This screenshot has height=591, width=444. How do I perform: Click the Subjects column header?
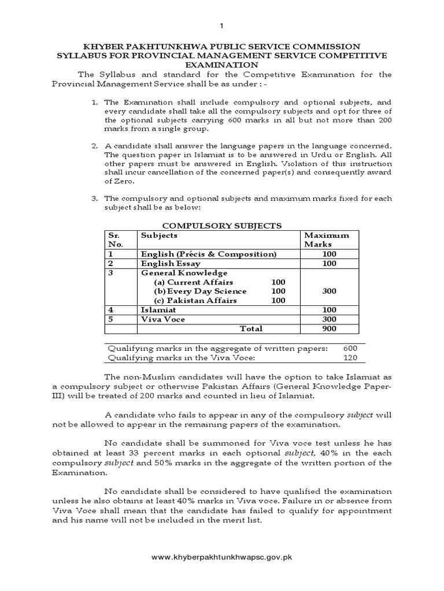coord(159,235)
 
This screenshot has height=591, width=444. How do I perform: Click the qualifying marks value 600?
coord(350,349)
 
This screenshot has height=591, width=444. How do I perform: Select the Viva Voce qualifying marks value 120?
coord(350,358)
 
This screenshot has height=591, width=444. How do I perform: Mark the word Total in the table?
coord(251,328)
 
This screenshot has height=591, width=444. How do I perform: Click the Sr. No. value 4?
coord(110,310)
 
